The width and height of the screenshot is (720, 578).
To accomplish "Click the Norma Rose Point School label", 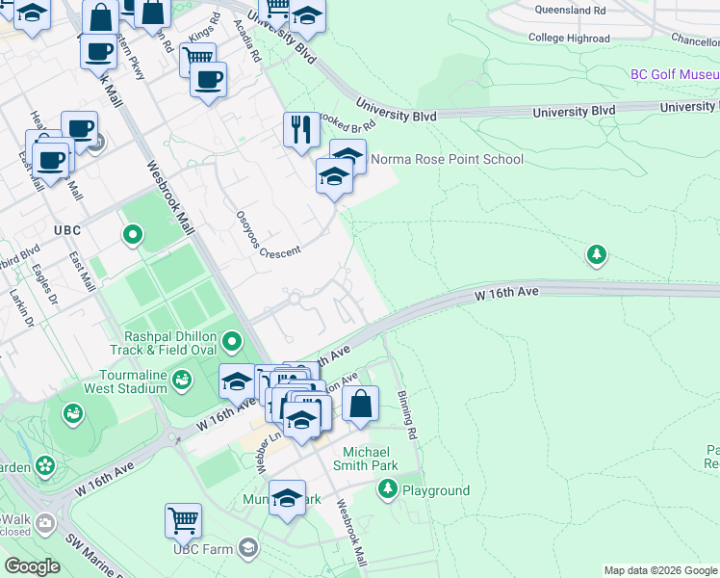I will click(447, 159).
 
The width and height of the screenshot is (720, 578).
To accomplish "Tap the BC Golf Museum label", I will click(674, 74).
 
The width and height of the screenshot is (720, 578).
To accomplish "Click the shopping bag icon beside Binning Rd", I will click(360, 405).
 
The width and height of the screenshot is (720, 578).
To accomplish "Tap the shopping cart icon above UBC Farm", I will click(183, 520).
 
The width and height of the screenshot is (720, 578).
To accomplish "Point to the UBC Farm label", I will click(203, 549).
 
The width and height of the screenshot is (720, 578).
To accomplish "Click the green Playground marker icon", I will click(388, 489).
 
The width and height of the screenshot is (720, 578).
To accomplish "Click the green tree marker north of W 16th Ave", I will click(597, 254).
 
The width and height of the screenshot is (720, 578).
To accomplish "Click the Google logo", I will click(32, 566).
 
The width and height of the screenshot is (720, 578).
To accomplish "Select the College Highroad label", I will click(569, 39).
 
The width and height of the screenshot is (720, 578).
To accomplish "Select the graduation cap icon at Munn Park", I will click(287, 499).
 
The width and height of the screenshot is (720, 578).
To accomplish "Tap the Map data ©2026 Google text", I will click(659, 570).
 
